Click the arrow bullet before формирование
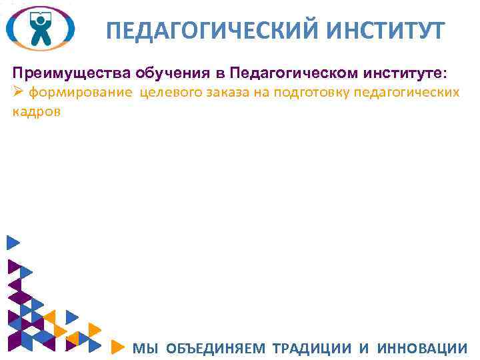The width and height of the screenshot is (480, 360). (18, 92)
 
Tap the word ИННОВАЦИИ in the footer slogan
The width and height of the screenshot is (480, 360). (422, 347)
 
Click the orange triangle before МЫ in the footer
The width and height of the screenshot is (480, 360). (116, 347)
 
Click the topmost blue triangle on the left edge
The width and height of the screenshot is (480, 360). (12, 243)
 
